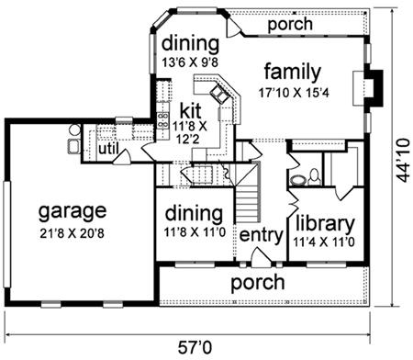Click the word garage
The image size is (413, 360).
(x=73, y=212)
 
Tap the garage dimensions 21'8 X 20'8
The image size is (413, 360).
(x=72, y=233)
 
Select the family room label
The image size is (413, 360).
(x=293, y=73)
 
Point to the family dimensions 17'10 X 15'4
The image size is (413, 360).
(x=294, y=92)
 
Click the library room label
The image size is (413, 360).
(x=325, y=223)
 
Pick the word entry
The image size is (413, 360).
(x=262, y=236)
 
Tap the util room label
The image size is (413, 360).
(x=108, y=149)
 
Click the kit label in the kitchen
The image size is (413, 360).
(x=190, y=111)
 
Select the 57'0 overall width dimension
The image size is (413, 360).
(x=195, y=347)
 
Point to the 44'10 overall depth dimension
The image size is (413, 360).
(x=403, y=161)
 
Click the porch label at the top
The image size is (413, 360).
(x=290, y=25)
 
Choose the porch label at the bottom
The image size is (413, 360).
(x=258, y=283)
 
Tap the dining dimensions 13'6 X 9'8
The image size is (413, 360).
(x=190, y=62)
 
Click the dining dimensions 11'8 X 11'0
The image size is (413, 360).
(x=195, y=232)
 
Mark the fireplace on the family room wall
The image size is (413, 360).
(x=369, y=88)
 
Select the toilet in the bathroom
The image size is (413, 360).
(x=314, y=178)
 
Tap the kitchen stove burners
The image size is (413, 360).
(x=162, y=120)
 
